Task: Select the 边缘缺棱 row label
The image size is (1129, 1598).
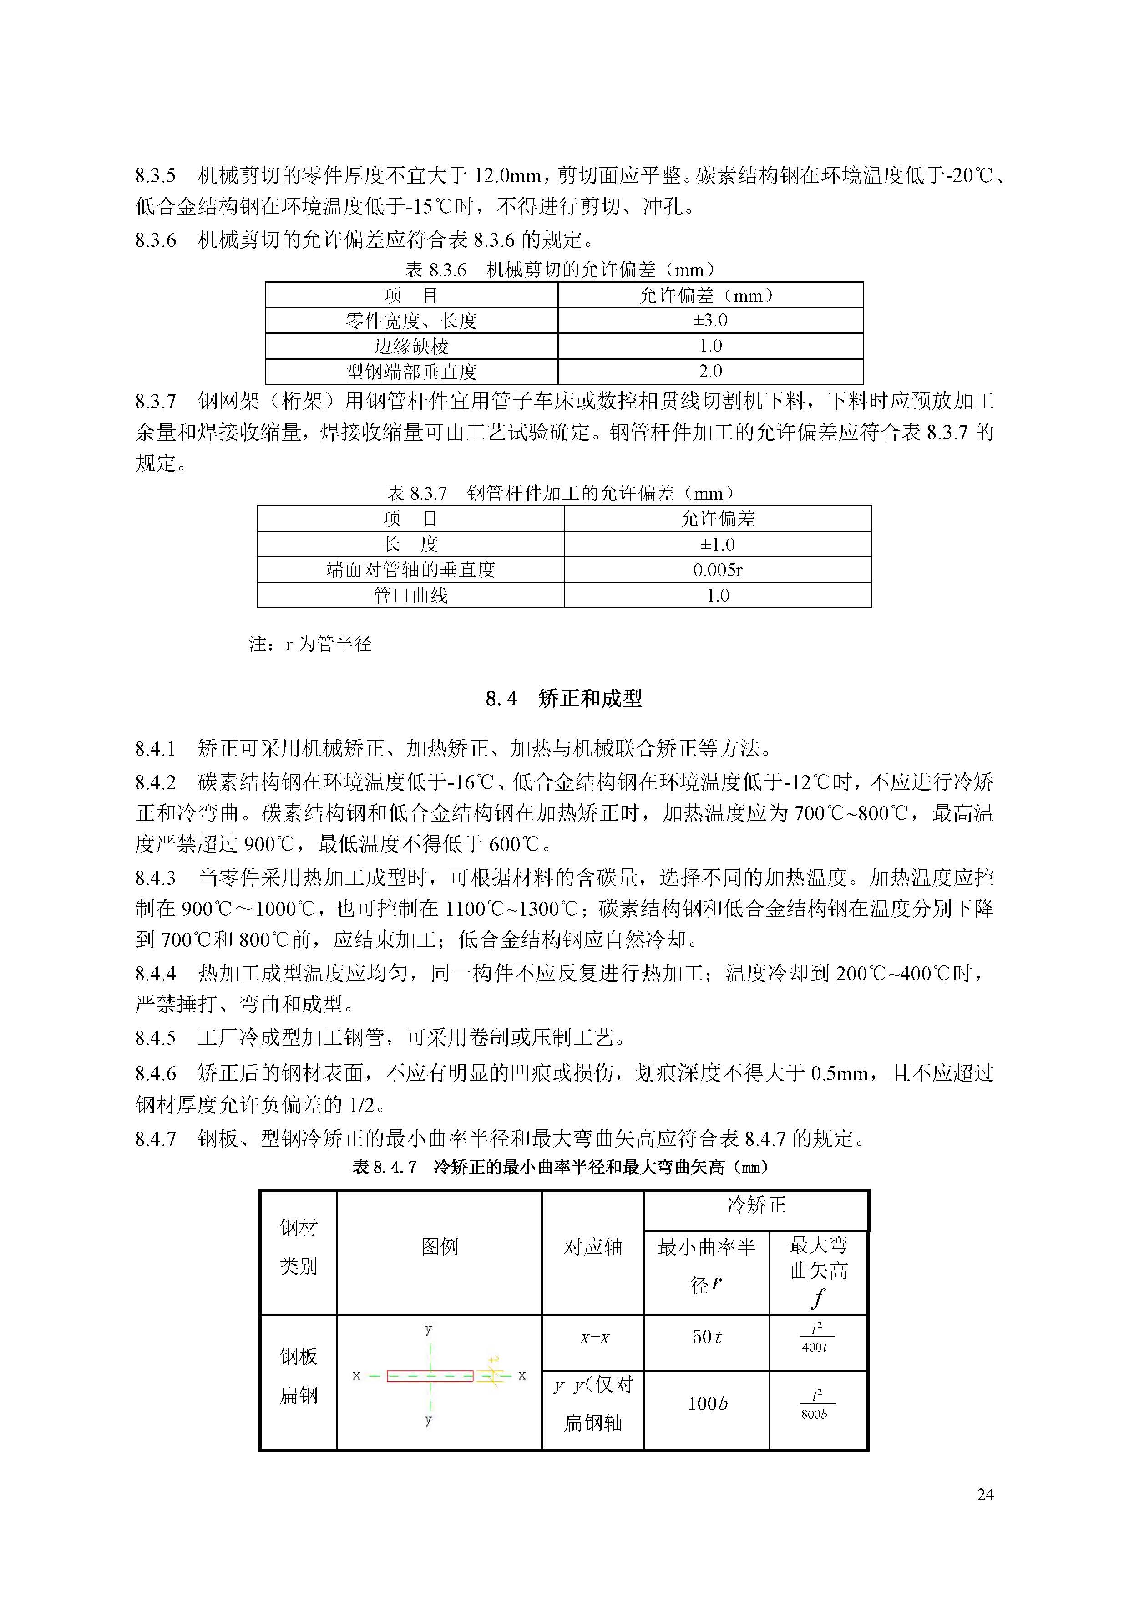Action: (x=411, y=346)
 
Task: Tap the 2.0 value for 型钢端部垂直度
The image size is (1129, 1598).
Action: (x=710, y=371)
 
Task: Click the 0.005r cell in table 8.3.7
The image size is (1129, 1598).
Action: (x=717, y=570)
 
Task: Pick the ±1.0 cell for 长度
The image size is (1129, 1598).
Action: (x=717, y=544)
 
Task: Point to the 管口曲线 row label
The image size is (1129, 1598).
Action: (x=410, y=595)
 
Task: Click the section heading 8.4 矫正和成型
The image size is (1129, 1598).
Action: (x=563, y=698)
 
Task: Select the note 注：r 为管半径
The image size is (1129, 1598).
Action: (x=310, y=644)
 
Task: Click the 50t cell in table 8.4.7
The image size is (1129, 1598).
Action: (x=706, y=1336)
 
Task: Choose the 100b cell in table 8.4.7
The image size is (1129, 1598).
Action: (x=707, y=1403)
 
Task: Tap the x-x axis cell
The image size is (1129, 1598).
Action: (x=594, y=1338)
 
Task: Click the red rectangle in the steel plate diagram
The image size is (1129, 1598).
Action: (x=430, y=1376)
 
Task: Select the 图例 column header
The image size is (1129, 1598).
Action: (x=440, y=1246)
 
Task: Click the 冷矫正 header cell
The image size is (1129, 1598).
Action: (x=756, y=1205)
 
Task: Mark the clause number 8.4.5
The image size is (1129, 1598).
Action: (x=155, y=1038)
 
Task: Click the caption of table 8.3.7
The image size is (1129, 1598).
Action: (x=561, y=494)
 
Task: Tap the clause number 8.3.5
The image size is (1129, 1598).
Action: (x=155, y=175)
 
